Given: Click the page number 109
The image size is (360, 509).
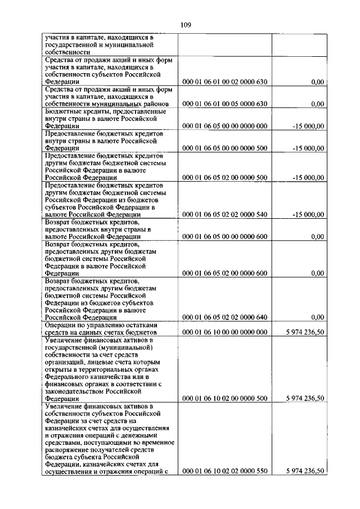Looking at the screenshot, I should click(186, 24).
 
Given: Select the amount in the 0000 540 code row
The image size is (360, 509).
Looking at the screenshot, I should click(308, 214).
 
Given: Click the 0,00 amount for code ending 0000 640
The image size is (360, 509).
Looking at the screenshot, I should click(317, 317).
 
